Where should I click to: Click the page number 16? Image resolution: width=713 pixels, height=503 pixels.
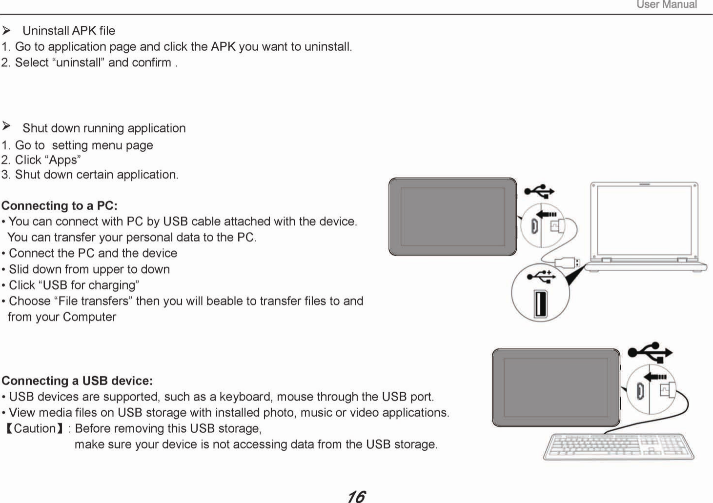click(x=356, y=496)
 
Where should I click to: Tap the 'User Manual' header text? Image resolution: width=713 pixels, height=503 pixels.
click(x=667, y=5)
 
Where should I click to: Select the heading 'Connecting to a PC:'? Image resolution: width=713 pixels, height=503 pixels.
click(x=60, y=205)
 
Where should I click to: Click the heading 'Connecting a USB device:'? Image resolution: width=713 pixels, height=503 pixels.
click(x=77, y=381)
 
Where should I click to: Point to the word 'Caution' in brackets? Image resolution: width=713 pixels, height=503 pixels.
click(x=35, y=428)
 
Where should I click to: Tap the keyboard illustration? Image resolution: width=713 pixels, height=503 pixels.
click(x=619, y=446)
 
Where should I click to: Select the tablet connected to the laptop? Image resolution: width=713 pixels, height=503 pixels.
click(x=452, y=216)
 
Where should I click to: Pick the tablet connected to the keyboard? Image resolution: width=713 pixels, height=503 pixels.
click(x=556, y=387)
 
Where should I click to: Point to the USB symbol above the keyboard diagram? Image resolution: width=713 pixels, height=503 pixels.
click(x=650, y=352)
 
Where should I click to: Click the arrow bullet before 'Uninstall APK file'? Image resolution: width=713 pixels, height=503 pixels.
click(x=6, y=31)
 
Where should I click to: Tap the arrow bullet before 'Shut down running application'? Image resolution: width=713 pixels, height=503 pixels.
click(x=6, y=127)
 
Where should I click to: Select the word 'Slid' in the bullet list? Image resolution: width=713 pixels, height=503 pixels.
click(x=19, y=269)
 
